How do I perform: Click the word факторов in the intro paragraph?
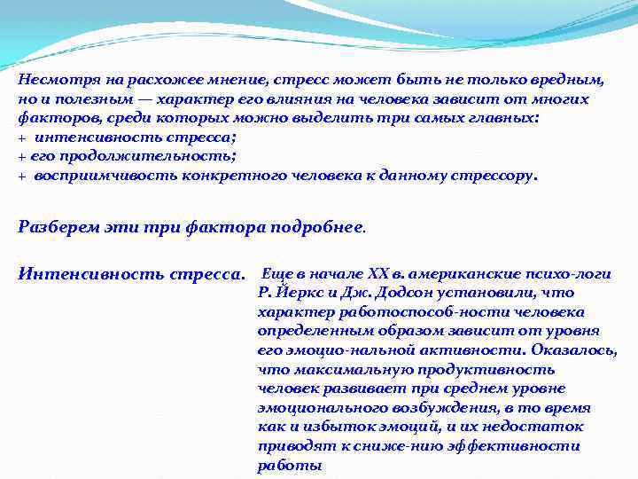(x=52, y=118)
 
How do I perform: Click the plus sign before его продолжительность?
(x=21, y=156)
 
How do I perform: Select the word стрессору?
(x=498, y=175)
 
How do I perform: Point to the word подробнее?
(x=315, y=225)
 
